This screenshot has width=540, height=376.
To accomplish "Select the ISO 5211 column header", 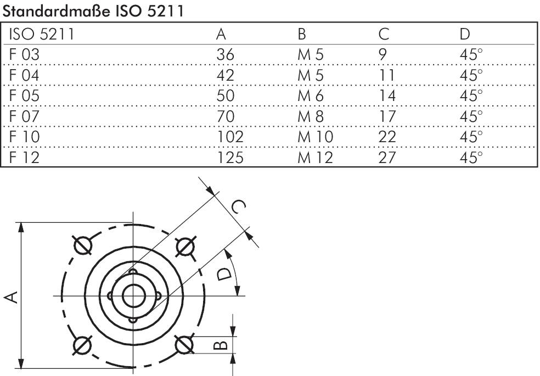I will (42, 34).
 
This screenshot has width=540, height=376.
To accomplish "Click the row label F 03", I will (24, 55).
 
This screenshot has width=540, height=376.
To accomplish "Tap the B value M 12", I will (316, 158).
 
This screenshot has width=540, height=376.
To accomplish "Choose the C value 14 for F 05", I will (388, 96).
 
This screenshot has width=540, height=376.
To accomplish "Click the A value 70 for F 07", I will (225, 116).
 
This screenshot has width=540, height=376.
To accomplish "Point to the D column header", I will (465, 34).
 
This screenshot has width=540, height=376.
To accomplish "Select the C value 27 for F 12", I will (387, 158).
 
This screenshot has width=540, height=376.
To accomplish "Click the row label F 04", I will (24, 75).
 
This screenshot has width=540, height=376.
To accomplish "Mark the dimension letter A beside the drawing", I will (10, 296).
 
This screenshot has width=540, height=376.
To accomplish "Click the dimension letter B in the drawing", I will (219, 345).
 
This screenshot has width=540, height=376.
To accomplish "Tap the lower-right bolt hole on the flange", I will (183, 345).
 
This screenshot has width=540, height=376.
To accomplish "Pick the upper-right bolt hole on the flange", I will (183, 246).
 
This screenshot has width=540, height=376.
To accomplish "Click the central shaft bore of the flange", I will (132, 296).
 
